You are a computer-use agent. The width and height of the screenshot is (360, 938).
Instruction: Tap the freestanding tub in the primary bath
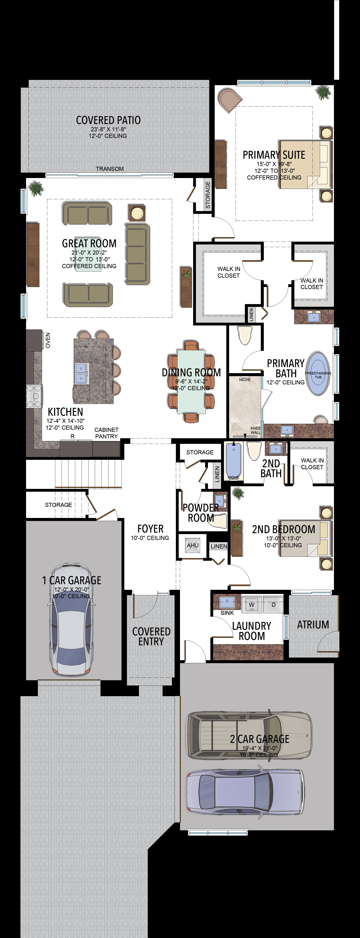point(318,374)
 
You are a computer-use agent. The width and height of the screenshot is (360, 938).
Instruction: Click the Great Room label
point(89,243)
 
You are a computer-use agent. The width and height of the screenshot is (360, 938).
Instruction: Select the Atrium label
point(313,625)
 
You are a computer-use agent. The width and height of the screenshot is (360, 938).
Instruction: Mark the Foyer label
point(150,529)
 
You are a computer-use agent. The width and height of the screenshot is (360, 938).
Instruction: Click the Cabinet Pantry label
point(106,433)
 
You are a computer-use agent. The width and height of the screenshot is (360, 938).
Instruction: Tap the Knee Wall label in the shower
point(256,430)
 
